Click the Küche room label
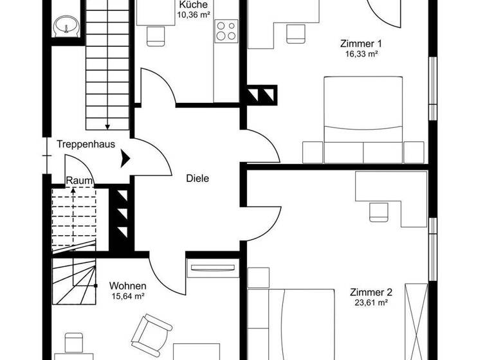click(193, 4)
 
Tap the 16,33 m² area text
click(360, 55)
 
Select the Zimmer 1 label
click(361, 44)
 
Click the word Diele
click(198, 179)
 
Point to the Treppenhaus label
click(86, 144)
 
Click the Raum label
click(79, 181)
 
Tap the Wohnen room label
click(127, 285)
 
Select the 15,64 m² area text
click(127, 296)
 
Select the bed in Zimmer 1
click(363, 119)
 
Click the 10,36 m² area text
click(193, 14)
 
